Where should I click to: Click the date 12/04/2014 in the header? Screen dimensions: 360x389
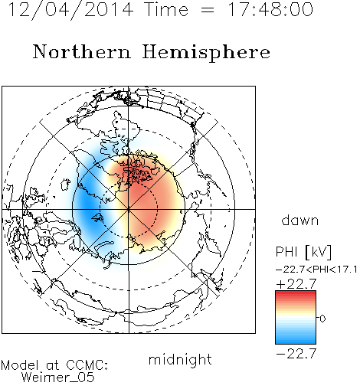coord(70,10)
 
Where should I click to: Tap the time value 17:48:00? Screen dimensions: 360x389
coord(270,10)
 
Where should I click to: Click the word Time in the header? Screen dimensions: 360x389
coord(166,10)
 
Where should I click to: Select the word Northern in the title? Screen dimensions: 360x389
coord(81,51)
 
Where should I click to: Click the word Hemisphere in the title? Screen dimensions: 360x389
coord(206,53)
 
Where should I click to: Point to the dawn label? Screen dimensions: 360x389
coord(300,220)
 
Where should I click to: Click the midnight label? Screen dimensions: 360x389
coord(180,359)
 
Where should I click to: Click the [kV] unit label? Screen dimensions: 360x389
coord(319,252)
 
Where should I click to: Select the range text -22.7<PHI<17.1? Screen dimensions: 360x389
coord(316,270)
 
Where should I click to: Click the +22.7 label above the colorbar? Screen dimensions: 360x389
coord(296,284)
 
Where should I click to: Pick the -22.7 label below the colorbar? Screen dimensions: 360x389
coord(296,354)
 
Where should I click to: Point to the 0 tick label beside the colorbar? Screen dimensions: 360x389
coord(322,319)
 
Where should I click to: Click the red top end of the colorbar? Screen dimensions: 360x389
coord(296,293)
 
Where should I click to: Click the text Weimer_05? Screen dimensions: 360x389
coord(58,378)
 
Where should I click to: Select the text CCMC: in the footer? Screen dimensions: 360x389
coord(87,365)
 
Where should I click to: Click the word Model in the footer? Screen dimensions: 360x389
coord(20,365)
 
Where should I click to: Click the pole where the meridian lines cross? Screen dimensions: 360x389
coord(129,209)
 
